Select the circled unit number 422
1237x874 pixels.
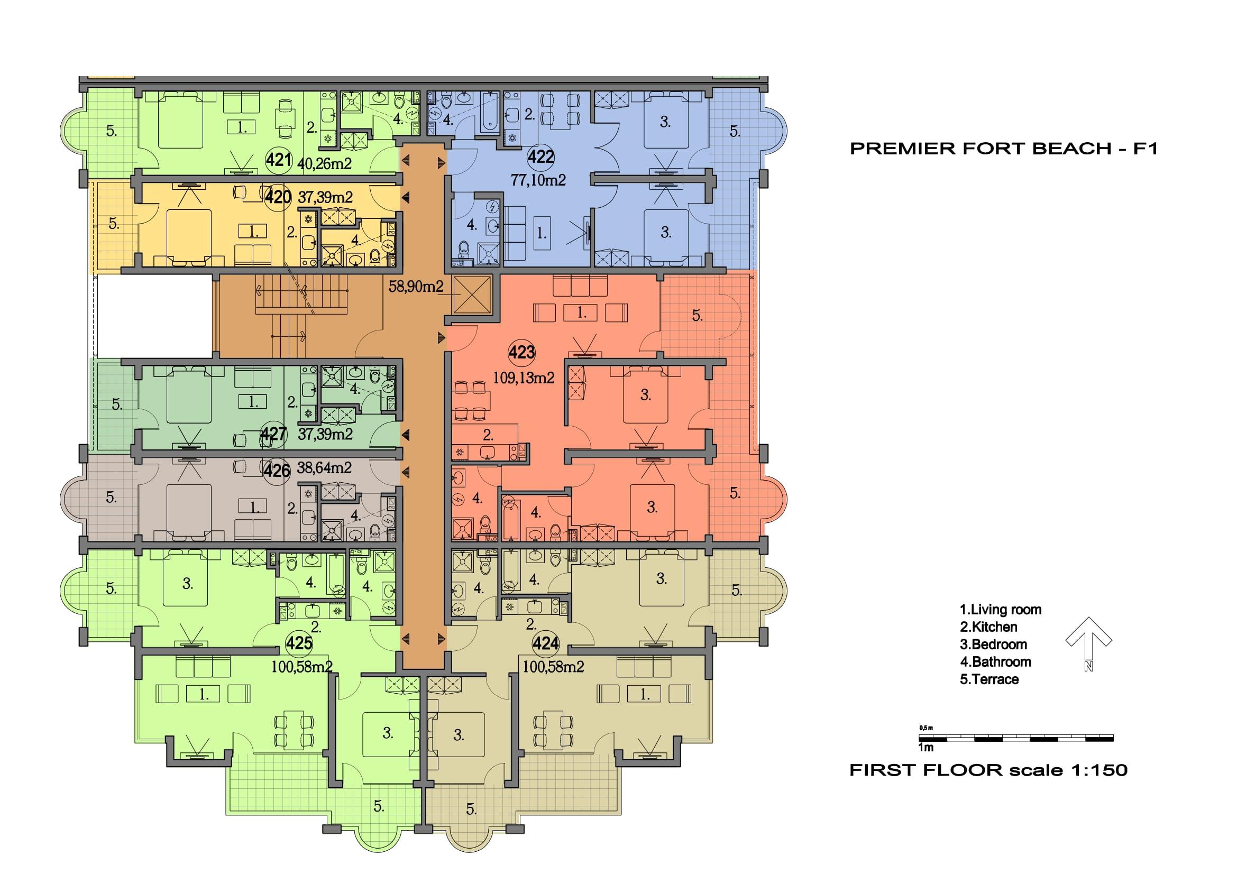tap(541, 156)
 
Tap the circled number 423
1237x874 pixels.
tap(521, 353)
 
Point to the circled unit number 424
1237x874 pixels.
tap(545, 643)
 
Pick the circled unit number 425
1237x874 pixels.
tap(299, 643)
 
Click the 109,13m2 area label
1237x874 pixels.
tap(524, 378)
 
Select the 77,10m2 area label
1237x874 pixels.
tap(538, 180)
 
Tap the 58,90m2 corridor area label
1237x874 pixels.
tap(416, 287)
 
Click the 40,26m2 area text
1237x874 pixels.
tap(324, 163)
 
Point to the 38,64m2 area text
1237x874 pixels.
tap(324, 467)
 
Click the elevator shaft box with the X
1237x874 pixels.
tap(472, 295)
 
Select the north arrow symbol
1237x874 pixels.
tap(1088, 643)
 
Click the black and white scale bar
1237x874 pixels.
tap(1015, 738)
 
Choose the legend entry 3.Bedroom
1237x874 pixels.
tap(994, 645)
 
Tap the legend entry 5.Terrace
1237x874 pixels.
tap(989, 679)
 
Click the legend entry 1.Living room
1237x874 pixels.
tap(1001, 610)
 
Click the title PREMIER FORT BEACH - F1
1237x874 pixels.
tap(1004, 149)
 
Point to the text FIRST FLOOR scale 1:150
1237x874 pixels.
tap(988, 770)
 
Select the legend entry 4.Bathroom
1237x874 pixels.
tap(996, 662)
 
